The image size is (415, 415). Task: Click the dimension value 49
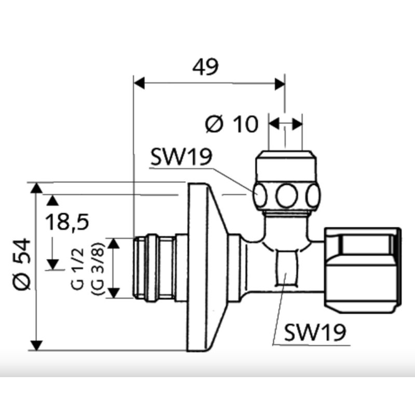(x=206, y=67)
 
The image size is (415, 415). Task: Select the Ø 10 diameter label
(x=231, y=125)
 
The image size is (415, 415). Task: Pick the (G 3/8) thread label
(x=99, y=268)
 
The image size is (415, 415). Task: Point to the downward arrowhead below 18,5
(x=52, y=264)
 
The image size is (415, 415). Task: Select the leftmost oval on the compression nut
(x=259, y=196)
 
